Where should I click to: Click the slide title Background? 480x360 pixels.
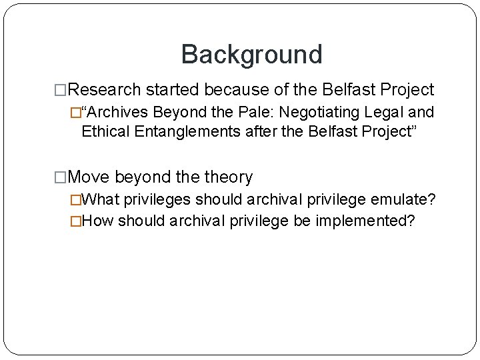click(251, 54)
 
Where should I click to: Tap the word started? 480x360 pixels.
click(170, 89)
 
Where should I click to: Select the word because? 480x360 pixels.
click(235, 89)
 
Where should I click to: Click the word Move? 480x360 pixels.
click(90, 177)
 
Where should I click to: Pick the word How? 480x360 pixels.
click(99, 221)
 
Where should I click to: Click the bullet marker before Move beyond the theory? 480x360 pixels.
click(61, 178)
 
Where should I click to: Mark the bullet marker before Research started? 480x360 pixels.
click(61, 90)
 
